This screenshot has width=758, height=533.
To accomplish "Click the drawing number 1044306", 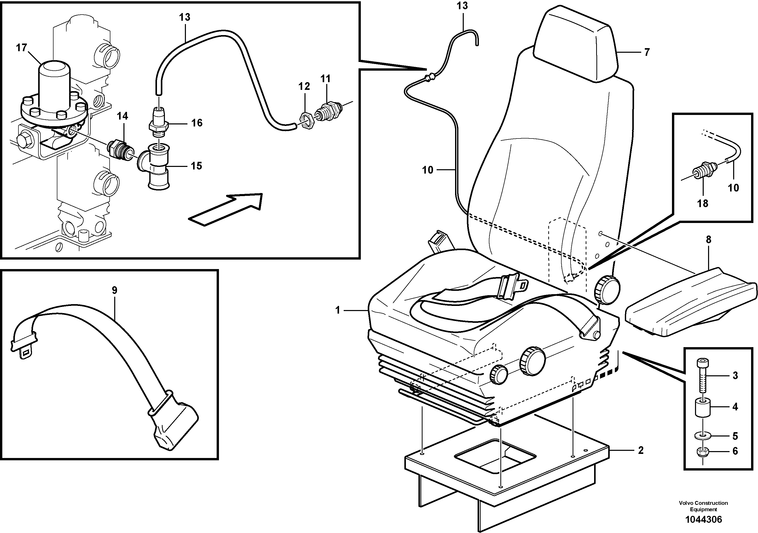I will coord(703,520).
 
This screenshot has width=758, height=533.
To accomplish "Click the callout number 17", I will coord(22,48).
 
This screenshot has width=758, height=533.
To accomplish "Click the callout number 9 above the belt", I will coord(114,290).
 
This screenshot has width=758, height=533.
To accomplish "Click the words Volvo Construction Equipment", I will coord(703,506).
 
